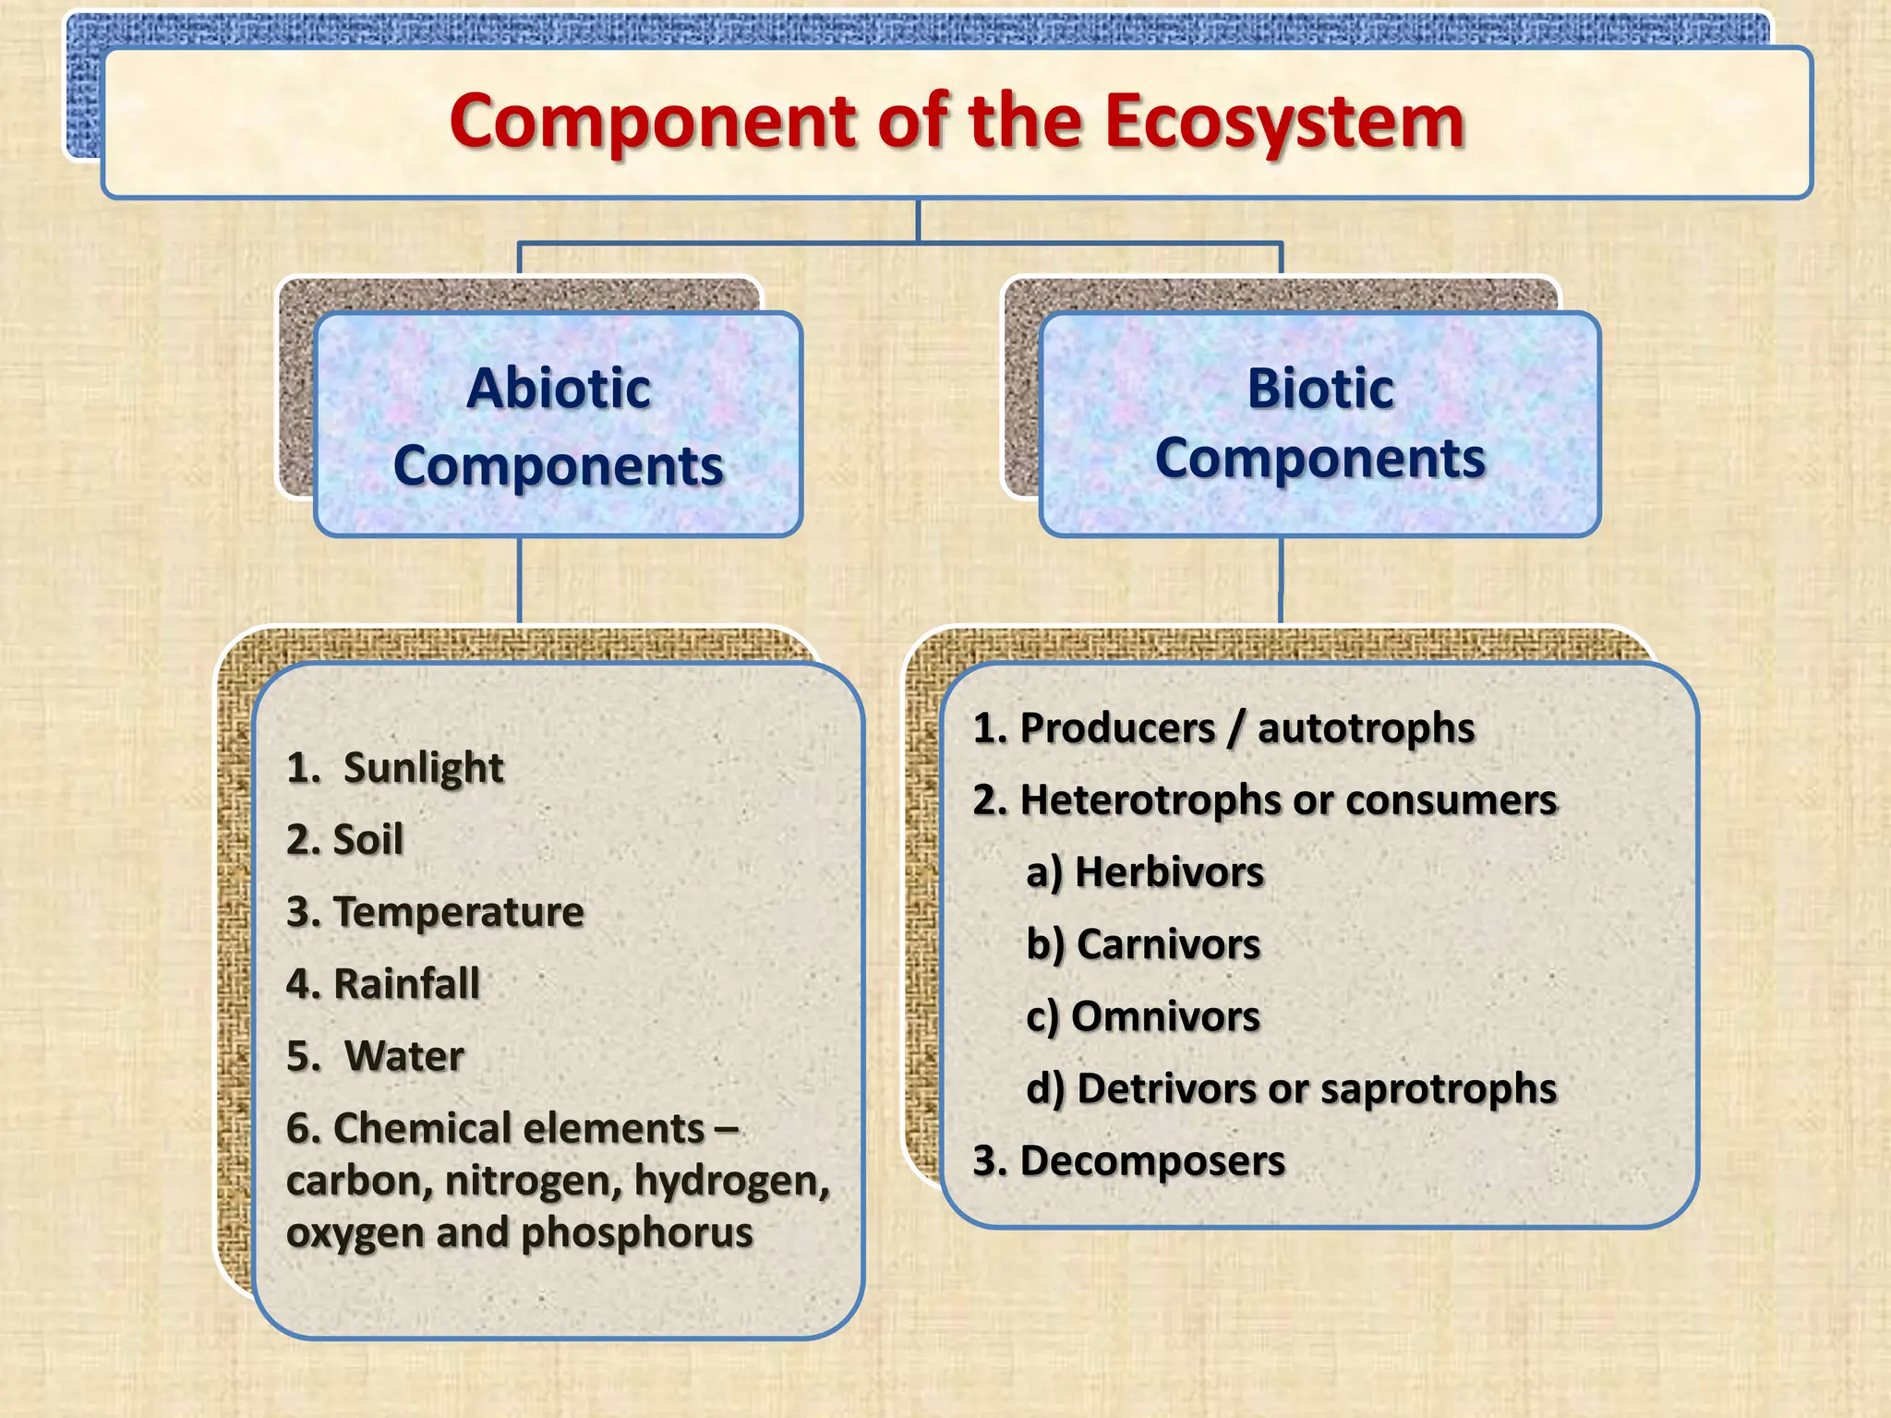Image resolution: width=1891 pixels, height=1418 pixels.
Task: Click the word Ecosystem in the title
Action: (x=1283, y=123)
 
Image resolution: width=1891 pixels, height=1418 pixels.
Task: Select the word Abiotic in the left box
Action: (x=558, y=388)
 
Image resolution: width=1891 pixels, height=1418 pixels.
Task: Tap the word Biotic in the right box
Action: (x=1319, y=388)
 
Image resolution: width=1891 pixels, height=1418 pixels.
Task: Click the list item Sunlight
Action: (x=423, y=768)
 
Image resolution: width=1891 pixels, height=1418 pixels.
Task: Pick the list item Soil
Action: (x=367, y=840)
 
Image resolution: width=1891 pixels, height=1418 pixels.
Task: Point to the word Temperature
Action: (x=458, y=912)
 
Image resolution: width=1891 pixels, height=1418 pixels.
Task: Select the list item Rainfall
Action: (x=406, y=984)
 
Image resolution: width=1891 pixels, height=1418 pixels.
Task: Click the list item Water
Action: (x=403, y=1056)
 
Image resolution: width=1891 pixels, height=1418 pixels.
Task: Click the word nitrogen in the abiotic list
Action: (x=533, y=1182)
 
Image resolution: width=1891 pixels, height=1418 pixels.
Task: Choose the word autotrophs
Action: (x=1366, y=729)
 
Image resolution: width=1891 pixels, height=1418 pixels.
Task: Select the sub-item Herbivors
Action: (x=1169, y=872)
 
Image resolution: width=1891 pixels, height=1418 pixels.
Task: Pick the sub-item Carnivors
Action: (x=1168, y=944)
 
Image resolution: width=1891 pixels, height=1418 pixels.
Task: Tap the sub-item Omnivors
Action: (x=1165, y=1016)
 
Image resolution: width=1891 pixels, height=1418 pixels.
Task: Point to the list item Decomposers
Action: (x=1151, y=1161)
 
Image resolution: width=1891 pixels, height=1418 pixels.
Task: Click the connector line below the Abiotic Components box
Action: (x=520, y=582)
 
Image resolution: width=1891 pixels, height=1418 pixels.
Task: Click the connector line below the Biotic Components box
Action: (x=1281, y=582)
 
